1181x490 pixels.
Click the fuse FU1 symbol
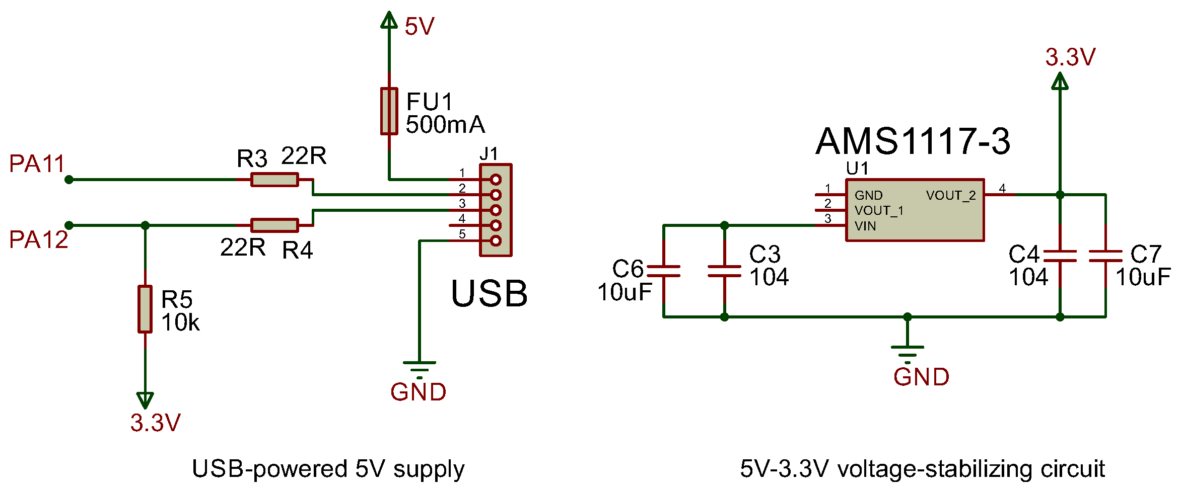tap(389, 111)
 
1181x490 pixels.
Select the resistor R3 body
tap(274, 180)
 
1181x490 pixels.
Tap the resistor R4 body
tap(274, 225)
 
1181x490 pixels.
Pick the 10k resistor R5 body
tap(145, 309)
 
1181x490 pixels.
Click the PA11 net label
tap(37, 164)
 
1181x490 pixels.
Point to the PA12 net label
tap(38, 239)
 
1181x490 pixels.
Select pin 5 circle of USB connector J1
tap(496, 241)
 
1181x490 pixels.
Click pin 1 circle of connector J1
tap(496, 180)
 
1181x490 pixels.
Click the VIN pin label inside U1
tap(865, 226)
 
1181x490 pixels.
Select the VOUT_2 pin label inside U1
tap(951, 196)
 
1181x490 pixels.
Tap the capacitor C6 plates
tap(663, 271)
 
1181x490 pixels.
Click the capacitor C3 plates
tap(724, 271)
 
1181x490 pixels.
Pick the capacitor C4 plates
tap(1060, 256)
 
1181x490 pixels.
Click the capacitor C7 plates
tap(1105, 256)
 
